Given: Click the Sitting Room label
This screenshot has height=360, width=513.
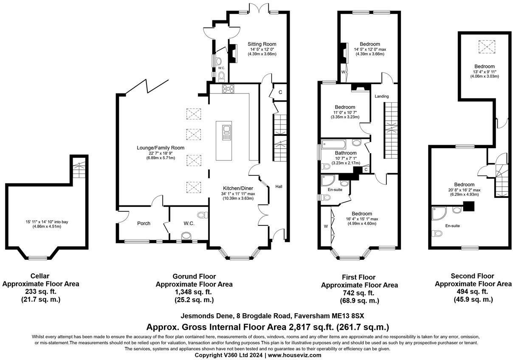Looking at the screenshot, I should click(x=262, y=44).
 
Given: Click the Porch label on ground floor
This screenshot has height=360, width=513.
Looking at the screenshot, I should click(x=144, y=223).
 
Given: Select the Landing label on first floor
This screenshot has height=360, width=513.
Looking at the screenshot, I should click(x=381, y=96).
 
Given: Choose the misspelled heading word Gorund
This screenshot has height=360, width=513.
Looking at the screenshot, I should click(x=185, y=276).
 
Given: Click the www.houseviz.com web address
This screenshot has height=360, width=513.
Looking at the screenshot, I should click(x=294, y=355).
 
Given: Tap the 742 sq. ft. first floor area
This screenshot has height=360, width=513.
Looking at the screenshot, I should click(x=359, y=293).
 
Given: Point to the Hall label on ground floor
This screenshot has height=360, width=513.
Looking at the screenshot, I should click(x=279, y=186).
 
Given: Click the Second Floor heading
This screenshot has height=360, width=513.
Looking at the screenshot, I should click(x=472, y=276).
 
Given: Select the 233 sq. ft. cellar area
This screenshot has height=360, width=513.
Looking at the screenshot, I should click(x=41, y=292).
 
